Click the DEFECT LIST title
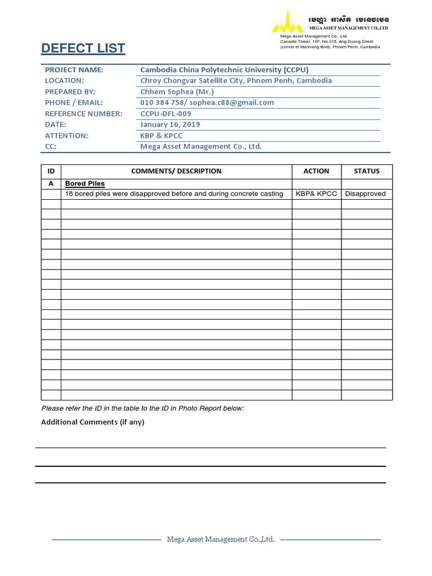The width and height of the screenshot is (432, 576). coord(83,48)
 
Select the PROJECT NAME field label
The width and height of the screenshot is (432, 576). coord(74,70)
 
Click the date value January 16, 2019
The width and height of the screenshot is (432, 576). coord(170,124)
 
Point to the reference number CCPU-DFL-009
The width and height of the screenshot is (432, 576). coord(165,114)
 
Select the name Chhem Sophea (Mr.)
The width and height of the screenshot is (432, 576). coord(177,92)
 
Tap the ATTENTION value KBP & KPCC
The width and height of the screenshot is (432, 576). coord(161,136)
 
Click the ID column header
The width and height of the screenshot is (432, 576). coord(51,171)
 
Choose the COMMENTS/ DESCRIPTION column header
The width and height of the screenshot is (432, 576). coord(176,171)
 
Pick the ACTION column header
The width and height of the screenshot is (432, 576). coord(316,171)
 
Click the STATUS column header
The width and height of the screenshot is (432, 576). coord(366,171)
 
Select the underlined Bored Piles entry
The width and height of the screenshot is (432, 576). coord(85,184)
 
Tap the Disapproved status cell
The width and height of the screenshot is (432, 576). coord(366,194)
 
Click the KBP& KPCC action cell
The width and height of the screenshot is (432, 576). coord(316,194)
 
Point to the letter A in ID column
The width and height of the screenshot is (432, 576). coord(51,184)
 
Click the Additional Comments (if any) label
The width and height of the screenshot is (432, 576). coord(93,422)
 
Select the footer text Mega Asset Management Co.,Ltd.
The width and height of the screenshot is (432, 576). coord(220,539)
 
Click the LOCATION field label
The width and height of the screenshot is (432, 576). coord(64,80)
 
